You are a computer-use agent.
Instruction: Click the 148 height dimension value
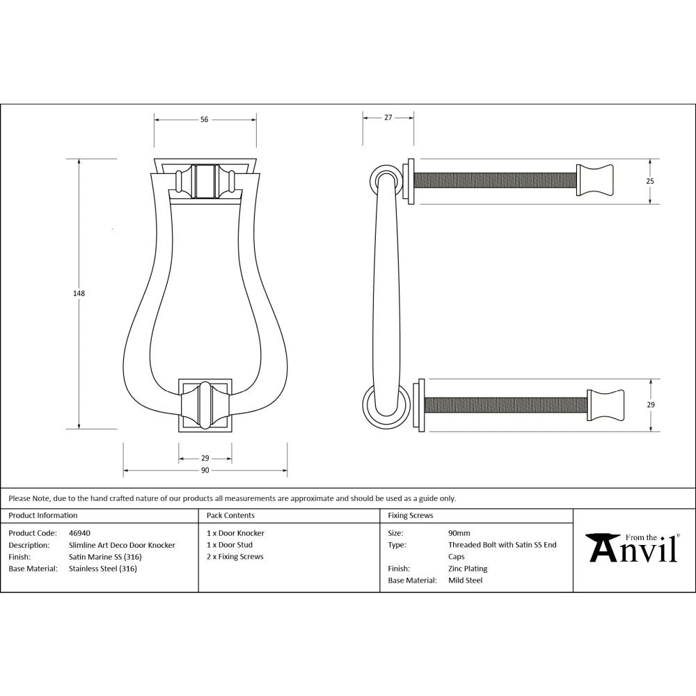(x=79, y=293)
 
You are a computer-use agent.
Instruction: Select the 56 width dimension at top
(x=204, y=120)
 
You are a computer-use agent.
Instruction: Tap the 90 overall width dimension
(x=205, y=471)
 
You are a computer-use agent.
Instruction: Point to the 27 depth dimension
(x=388, y=118)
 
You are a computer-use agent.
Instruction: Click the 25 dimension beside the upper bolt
(x=650, y=181)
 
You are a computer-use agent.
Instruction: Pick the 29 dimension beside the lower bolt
(x=650, y=404)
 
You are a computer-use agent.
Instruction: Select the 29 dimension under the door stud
(x=205, y=459)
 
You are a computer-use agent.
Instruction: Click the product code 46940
(x=79, y=533)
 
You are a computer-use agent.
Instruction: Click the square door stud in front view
(x=205, y=405)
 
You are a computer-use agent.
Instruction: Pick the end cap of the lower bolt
(x=606, y=404)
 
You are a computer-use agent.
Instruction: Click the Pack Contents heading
(x=230, y=516)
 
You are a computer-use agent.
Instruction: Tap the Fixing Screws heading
(x=410, y=516)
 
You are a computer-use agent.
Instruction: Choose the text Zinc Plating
(x=468, y=569)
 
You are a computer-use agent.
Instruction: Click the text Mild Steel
(x=465, y=580)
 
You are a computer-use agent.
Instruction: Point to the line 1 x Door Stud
(x=230, y=545)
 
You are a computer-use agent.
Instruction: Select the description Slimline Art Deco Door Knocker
(x=122, y=545)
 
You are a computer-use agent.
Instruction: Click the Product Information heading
(x=43, y=516)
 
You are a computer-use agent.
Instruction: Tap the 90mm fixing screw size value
(x=459, y=533)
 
